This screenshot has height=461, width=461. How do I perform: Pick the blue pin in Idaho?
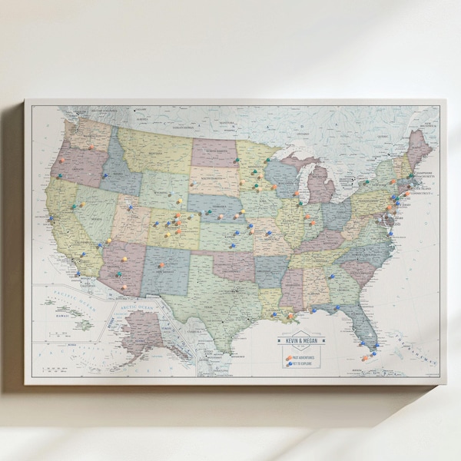point(104,175)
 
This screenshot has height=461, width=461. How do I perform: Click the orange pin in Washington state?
point(91,147)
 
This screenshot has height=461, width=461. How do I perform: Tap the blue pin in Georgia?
point(331,276)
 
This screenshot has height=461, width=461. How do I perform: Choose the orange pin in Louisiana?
point(290,314)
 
